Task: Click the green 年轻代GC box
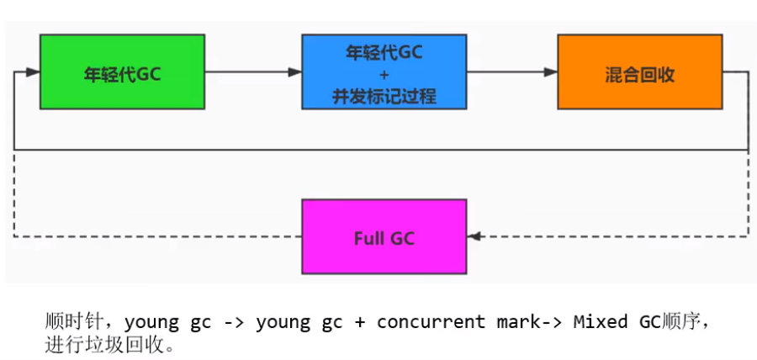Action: [122, 71]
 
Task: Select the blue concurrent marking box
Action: [384, 71]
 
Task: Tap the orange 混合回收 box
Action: [639, 71]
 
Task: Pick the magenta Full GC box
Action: [384, 236]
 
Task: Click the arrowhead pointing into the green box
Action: [33, 72]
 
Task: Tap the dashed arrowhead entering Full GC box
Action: [475, 236]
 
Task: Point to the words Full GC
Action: [384, 237]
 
